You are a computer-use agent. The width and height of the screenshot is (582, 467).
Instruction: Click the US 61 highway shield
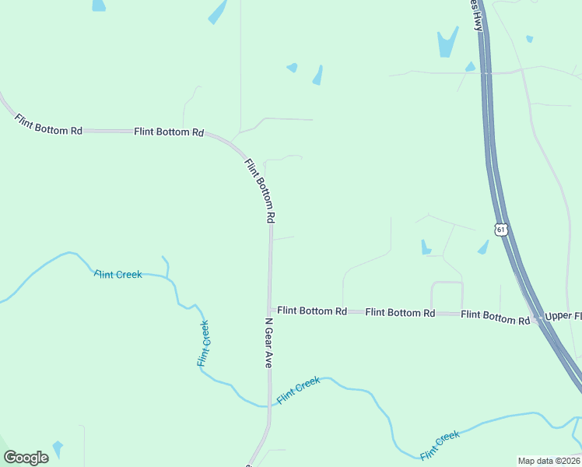pos(501,230)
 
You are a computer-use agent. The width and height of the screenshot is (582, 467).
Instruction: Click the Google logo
pos(26,458)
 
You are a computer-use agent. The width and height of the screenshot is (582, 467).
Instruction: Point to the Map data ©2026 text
pos(548,461)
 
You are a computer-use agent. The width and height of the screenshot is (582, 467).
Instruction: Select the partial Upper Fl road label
pos(563,316)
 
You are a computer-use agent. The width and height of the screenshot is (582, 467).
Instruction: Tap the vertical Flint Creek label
pos(203,343)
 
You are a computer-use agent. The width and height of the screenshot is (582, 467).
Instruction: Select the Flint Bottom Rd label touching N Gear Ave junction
pos(312,311)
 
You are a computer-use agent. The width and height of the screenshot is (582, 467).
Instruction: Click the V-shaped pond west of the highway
pos(447,42)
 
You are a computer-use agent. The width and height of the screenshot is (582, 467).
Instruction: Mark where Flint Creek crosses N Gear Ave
pos(270,404)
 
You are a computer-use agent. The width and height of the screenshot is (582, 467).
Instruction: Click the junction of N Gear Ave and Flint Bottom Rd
pos(270,310)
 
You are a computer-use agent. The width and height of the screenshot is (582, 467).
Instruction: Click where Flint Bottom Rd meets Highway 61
pos(537,319)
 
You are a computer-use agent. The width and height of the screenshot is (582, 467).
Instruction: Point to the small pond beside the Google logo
pos(58,449)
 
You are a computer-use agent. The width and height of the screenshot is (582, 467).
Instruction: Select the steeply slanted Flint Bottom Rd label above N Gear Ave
pos(261,189)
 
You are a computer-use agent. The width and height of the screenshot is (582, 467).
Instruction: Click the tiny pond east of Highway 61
pos(530,38)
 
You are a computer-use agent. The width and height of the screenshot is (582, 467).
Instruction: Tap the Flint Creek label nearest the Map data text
pos(440,444)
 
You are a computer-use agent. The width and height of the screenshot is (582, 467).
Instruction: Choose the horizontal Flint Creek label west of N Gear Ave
pos(118,274)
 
